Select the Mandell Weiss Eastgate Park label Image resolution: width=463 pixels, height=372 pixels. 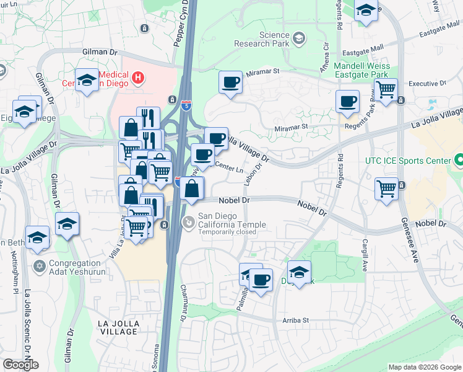coord(361,70)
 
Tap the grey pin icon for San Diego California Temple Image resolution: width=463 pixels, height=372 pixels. coord(188,221)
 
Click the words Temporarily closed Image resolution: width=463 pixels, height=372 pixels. coord(227,232)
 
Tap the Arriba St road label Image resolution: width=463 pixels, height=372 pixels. coord(296,320)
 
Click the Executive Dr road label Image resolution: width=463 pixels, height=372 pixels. coord(427,83)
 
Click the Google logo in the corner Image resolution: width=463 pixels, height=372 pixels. coord(20,364)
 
